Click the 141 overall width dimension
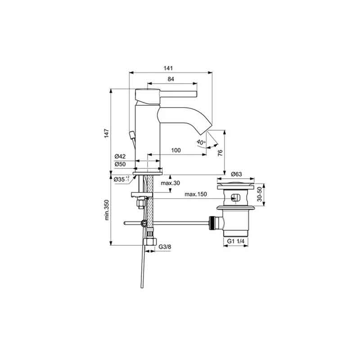[168, 68]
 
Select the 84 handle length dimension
[171, 79]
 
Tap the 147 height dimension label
[107, 133]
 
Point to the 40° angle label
[201, 142]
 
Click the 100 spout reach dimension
[176, 150]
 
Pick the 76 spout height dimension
[220, 153]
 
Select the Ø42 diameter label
[120, 156]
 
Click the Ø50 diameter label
[120, 164]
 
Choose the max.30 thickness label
[171, 183]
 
